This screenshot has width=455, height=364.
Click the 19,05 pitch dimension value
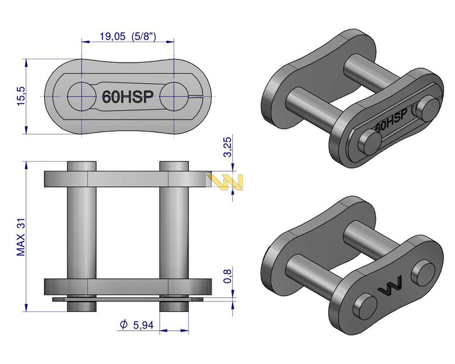113,36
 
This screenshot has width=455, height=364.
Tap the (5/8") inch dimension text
144,36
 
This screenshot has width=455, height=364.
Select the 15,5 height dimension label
21,96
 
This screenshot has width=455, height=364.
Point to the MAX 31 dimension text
21,237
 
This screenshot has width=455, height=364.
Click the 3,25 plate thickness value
227,147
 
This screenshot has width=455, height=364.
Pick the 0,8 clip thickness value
227,276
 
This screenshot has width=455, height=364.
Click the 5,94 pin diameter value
143,325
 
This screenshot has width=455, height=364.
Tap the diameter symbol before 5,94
124,324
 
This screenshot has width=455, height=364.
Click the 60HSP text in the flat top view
127,96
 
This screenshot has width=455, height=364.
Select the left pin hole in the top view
82,96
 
